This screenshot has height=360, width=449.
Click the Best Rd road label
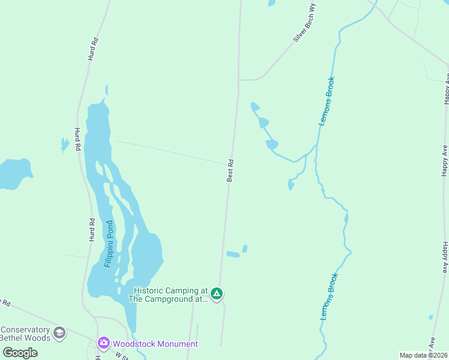tap(230, 170)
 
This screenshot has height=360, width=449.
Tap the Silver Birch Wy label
tap(305, 23)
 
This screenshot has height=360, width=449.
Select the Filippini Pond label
tap(109, 244)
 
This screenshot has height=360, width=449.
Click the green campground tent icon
tap(217, 294)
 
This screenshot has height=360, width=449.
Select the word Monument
tap(176, 344)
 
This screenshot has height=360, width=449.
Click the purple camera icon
tap(103, 343)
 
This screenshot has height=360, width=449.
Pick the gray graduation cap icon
tap(59, 332)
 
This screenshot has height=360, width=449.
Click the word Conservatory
tap(25, 329)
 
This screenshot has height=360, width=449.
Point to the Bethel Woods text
tap(25, 338)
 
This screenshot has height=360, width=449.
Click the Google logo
tap(20, 352)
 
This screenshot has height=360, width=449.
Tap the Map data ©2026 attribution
tap(423, 355)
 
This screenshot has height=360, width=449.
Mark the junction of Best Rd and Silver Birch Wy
tap(239, 79)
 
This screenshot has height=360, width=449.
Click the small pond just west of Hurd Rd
tap(65, 144)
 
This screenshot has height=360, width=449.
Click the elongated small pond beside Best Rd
tap(233, 254)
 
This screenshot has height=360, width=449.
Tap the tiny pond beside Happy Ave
tap(430, 317)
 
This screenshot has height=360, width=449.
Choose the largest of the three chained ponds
tap(272, 145)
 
